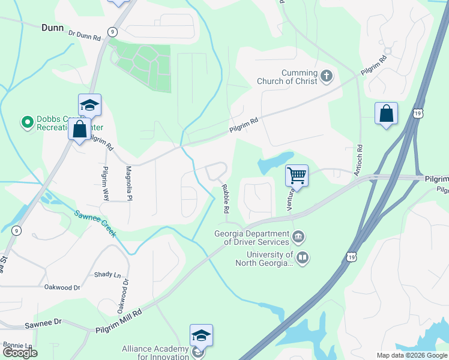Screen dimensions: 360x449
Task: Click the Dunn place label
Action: point(53,27)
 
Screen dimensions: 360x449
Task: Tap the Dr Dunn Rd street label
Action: point(85,36)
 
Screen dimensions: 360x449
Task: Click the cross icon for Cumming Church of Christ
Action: point(326,76)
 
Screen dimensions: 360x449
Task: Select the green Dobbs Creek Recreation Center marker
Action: point(26,122)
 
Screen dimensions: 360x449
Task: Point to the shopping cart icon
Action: point(297,175)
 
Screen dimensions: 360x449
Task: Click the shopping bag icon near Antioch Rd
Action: point(386,113)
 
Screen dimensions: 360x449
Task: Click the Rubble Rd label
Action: point(226,199)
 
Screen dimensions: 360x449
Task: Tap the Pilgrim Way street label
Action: point(106,183)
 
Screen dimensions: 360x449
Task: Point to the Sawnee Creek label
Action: point(95,223)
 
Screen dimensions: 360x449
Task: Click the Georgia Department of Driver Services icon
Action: point(298,238)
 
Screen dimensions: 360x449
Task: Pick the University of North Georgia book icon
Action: point(303,258)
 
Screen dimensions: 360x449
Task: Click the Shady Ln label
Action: point(107,274)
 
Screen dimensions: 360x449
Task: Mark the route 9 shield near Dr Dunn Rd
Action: point(112,31)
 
